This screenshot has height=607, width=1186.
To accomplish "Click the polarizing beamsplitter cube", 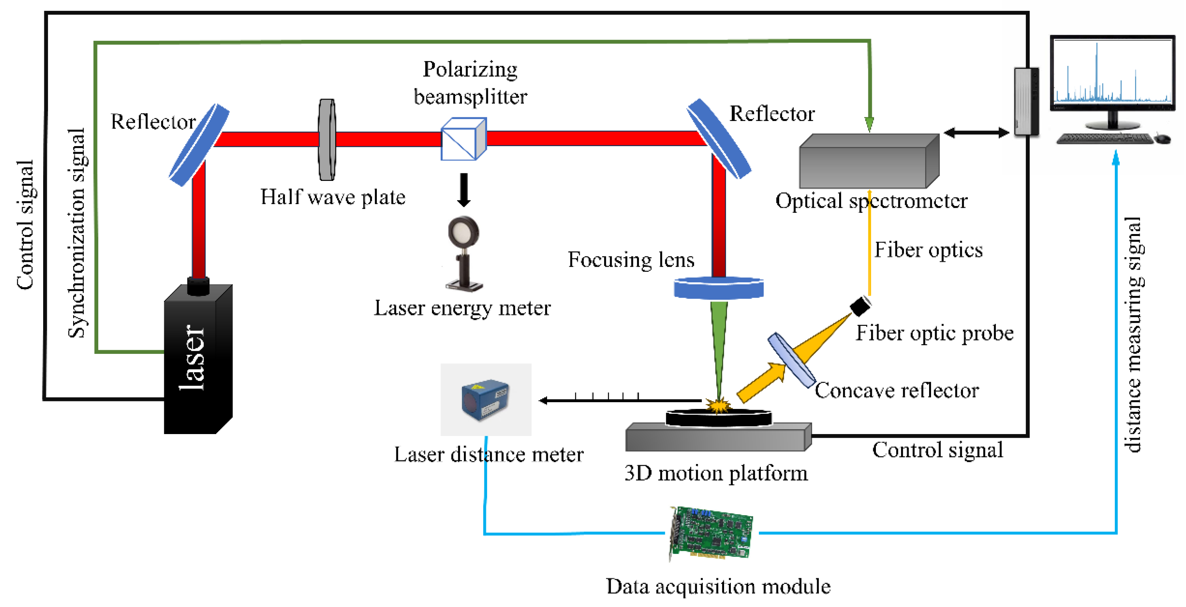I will [x=463, y=139].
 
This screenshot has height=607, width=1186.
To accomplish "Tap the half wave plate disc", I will [x=327, y=139].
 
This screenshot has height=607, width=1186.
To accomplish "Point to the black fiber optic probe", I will [x=860, y=306].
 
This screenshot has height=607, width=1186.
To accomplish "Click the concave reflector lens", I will [x=790, y=360].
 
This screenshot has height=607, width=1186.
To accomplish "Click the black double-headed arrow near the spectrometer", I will [x=976, y=133].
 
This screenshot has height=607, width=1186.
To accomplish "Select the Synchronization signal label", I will [x=77, y=233].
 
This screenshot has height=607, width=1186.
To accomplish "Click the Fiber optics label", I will [x=928, y=250].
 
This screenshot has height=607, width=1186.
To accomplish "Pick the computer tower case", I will [x=1026, y=102].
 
